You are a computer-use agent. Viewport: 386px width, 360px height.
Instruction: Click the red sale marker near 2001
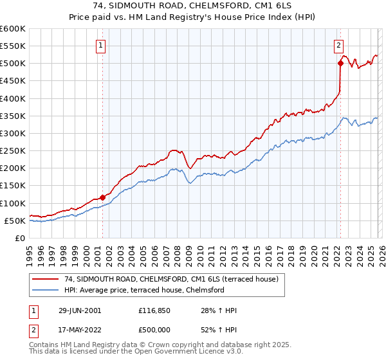(x=103, y=197)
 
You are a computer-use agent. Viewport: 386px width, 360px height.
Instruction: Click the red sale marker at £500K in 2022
(x=340, y=63)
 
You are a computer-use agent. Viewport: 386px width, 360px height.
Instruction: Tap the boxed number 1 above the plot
(x=102, y=45)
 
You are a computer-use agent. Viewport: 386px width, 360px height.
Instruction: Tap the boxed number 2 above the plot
(x=338, y=45)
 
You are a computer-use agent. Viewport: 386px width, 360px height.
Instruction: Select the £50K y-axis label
(x=15, y=221)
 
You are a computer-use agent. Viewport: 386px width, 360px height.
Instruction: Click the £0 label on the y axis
(x=19, y=239)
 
